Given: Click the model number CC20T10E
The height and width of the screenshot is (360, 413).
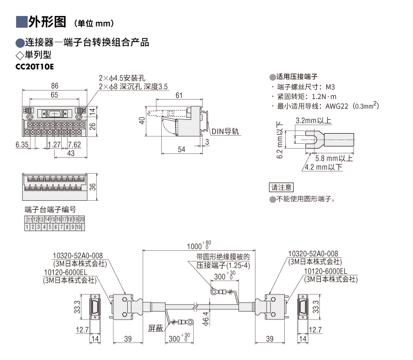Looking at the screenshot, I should pyautogui.click(x=36, y=67).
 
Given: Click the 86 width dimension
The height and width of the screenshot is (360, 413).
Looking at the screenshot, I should pyautogui.click(x=55, y=86).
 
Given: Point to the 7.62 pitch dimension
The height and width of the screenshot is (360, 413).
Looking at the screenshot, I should pyautogui.click(x=73, y=144).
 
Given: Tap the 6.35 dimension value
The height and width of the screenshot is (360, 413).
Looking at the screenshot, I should pyautogui.click(x=22, y=144).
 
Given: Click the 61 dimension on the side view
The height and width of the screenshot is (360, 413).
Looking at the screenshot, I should pyautogui.click(x=179, y=95).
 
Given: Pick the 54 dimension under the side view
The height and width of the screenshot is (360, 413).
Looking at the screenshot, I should pyautogui.click(x=181, y=150).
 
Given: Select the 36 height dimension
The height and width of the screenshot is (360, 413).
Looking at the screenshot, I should pyautogui.click(x=92, y=187).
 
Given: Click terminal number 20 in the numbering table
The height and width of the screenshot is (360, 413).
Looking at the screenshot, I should pyautogui.click(x=82, y=219).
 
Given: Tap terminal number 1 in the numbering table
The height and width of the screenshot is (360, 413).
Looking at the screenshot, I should pyautogui.click(x=27, y=227).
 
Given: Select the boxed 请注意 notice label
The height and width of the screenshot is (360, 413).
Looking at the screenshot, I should pyautogui.click(x=282, y=187).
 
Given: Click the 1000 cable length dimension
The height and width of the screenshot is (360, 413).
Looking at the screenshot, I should pyautogui.click(x=195, y=246).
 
